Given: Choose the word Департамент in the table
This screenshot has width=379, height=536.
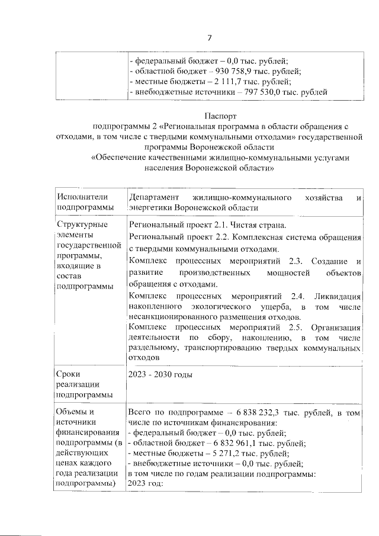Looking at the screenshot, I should [155, 197].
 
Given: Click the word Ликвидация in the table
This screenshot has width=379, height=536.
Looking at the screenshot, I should [337, 295].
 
